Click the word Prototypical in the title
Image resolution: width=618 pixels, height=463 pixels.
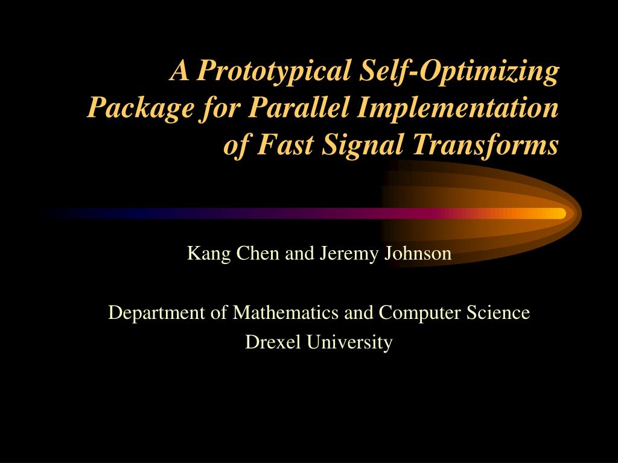pyautogui.click(x=273, y=72)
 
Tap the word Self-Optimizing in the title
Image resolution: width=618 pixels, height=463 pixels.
pyautogui.click(x=459, y=72)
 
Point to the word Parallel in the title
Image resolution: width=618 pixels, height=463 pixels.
pyautogui.click(x=298, y=107)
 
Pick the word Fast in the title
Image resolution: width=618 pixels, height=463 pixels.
pyautogui.click(x=285, y=144)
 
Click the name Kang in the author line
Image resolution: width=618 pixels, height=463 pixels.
pyautogui.click(x=208, y=254)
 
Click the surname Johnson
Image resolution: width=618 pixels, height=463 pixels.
pyautogui.click(x=418, y=254)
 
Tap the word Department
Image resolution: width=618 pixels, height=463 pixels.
pyautogui.click(x=156, y=313)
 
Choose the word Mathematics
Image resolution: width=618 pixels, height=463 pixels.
pyautogui.click(x=285, y=312)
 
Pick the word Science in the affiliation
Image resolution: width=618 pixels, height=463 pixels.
pyautogui.click(x=498, y=312)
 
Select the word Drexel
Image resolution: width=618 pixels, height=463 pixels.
pyautogui.click(x=273, y=342)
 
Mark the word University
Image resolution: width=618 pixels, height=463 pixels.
pyautogui.click(x=349, y=342)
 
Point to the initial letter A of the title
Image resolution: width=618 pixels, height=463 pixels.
pyautogui.click(x=179, y=71)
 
